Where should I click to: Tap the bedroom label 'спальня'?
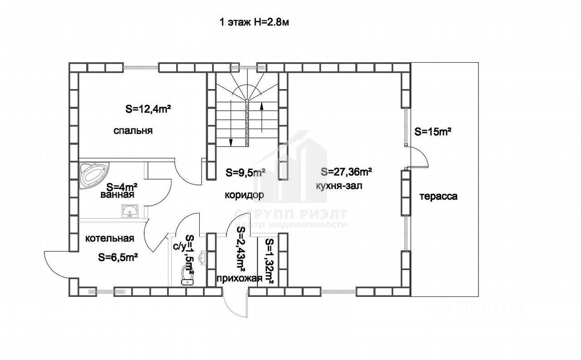pos(133,131)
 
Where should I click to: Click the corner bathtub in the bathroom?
pos(93,174)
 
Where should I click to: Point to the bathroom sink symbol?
pos(131,211)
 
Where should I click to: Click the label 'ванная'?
pos(117,195)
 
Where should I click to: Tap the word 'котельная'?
pos(109,238)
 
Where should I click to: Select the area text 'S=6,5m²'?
pos(118,257)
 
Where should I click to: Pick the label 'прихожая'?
pos(239,278)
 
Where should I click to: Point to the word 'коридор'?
pos(244,195)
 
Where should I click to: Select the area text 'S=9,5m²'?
pos(246,173)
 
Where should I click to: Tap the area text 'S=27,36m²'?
pos(346,172)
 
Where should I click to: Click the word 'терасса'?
pos(438,197)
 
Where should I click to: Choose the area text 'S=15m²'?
pos(433,132)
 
